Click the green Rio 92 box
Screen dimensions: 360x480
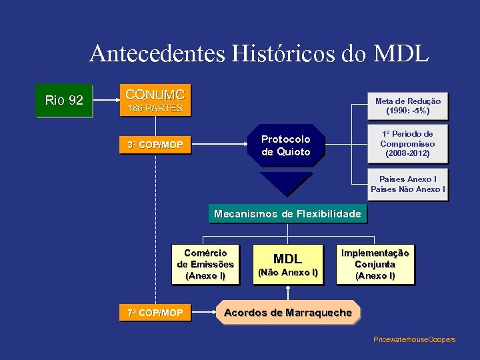point(64,101)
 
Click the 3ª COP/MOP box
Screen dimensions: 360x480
point(155,145)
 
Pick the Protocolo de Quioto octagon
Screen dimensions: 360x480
point(286,145)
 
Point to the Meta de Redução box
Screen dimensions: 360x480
point(407,105)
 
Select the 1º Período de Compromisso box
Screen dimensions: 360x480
point(407,144)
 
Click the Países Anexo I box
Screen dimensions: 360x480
point(407,184)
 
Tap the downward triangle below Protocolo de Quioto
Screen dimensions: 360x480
point(286,181)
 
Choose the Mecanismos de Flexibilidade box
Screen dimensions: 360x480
point(287,214)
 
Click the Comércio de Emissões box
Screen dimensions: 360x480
point(205,264)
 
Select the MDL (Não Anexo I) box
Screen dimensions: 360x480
point(288,264)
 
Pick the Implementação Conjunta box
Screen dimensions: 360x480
point(375,264)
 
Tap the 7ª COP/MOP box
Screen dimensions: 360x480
point(155,312)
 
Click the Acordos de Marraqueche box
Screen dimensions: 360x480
point(288,313)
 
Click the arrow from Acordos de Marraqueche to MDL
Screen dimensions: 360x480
point(288,293)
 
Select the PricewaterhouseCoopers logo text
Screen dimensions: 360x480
point(414,340)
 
